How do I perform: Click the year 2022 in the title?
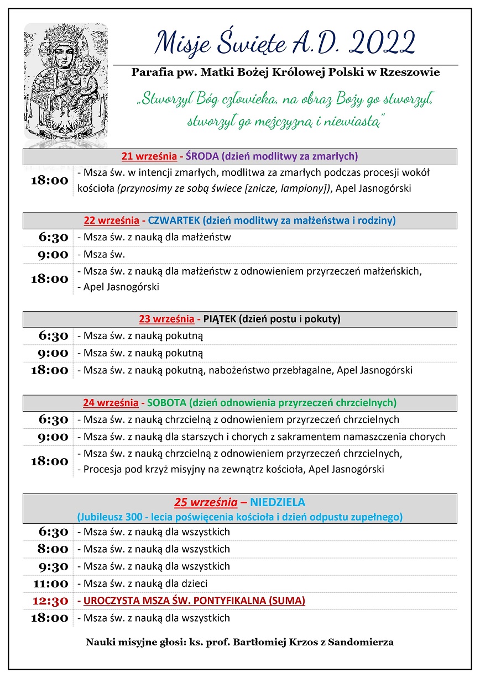[x=383, y=43]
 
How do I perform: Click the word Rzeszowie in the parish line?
[x=411, y=72]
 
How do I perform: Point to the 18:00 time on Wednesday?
[x=50, y=181]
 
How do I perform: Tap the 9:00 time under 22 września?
[x=54, y=255]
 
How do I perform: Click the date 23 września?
[x=166, y=319]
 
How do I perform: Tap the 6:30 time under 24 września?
[x=54, y=419]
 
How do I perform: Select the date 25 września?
[x=206, y=502]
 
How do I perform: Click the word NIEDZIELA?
[x=278, y=502]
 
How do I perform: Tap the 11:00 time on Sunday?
[x=50, y=584]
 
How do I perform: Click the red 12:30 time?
[x=50, y=601]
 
